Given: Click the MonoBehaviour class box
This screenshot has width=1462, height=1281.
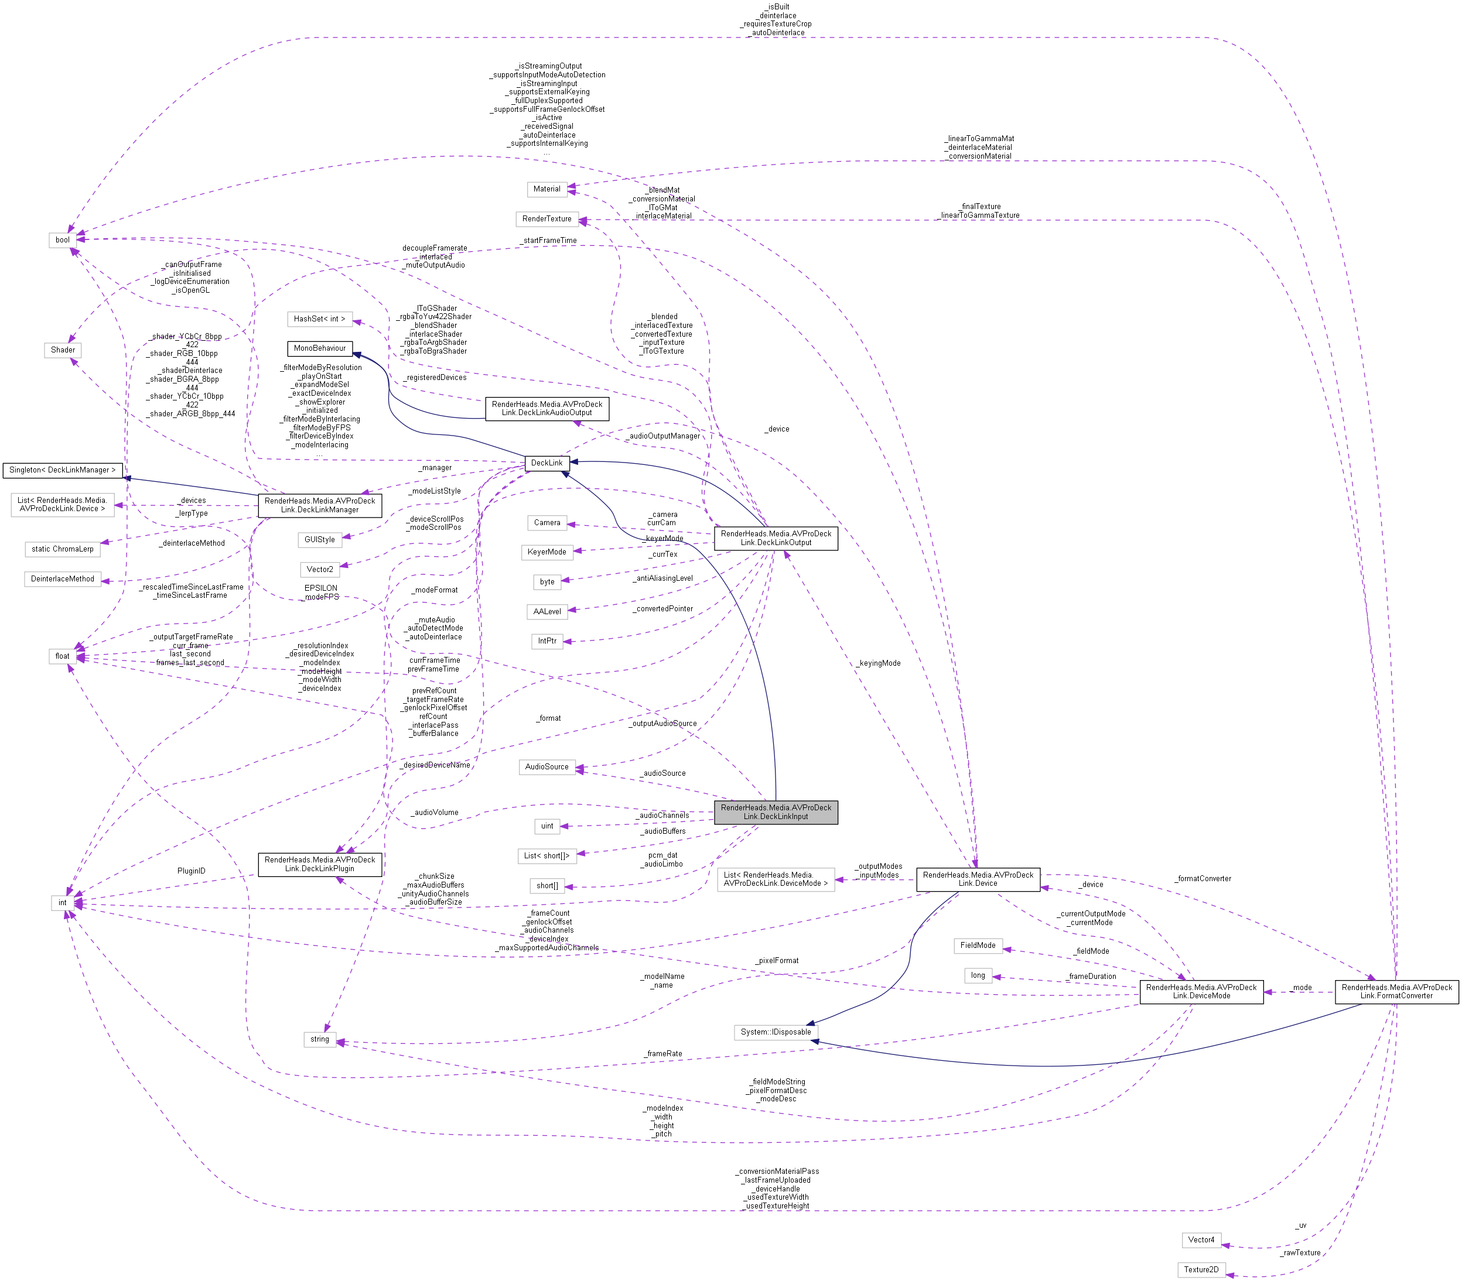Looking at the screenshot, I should pyautogui.click(x=320, y=348).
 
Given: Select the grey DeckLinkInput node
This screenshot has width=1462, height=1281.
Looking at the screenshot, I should pyautogui.click(x=776, y=812).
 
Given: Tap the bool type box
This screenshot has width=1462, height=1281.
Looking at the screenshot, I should pyautogui.click(x=63, y=239).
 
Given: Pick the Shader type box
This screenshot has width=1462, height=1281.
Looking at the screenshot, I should pyautogui.click(x=63, y=350).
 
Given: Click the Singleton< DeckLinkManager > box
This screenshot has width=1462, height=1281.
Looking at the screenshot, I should pyautogui.click(x=62, y=470).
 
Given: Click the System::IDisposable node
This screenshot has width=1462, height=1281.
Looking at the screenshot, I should pyautogui.click(x=776, y=1032).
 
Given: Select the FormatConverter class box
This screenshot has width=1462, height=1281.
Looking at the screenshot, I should pyautogui.click(x=1396, y=992).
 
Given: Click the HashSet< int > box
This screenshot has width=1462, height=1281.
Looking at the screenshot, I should pyautogui.click(x=320, y=319).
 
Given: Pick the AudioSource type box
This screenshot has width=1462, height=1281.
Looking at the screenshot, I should pyautogui.click(x=546, y=767).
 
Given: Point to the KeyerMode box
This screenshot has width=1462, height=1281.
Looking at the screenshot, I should pyautogui.click(x=546, y=552).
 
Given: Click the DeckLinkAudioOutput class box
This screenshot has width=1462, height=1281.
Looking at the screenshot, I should pyautogui.click(x=546, y=408).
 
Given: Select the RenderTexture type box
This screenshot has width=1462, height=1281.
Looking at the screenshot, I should pyautogui.click(x=546, y=219).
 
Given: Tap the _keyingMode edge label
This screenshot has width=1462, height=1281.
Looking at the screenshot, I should pyautogui.click(x=880, y=663).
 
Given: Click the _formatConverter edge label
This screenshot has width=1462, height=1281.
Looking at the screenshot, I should pyautogui.click(x=1204, y=879).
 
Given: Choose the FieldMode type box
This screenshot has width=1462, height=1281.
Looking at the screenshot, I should pyautogui.click(x=978, y=945).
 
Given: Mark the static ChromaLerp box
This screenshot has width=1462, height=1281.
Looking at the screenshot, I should pyautogui.click(x=62, y=549).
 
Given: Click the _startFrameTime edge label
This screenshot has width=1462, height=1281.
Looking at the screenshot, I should pyautogui.click(x=549, y=240).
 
